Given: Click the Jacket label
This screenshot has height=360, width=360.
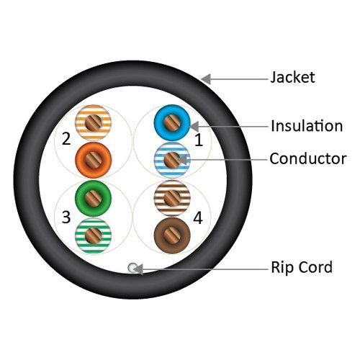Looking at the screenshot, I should coord(292,76).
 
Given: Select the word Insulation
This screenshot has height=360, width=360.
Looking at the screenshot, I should coord(306,126).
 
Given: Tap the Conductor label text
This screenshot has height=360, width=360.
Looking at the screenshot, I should coord(307,158).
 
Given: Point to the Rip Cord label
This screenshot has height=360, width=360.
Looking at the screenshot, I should coord(301,268).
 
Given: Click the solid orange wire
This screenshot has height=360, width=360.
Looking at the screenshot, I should coord(91,158).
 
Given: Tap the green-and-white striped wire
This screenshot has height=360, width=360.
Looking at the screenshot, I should coord(91,234).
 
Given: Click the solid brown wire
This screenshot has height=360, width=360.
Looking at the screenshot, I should coord(171,234).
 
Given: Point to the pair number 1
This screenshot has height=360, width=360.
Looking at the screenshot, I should coord(199,142).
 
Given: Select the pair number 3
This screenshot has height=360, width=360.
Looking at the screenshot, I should coord(66,217).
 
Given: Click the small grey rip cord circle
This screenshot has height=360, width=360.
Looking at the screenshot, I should coord(132,268).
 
